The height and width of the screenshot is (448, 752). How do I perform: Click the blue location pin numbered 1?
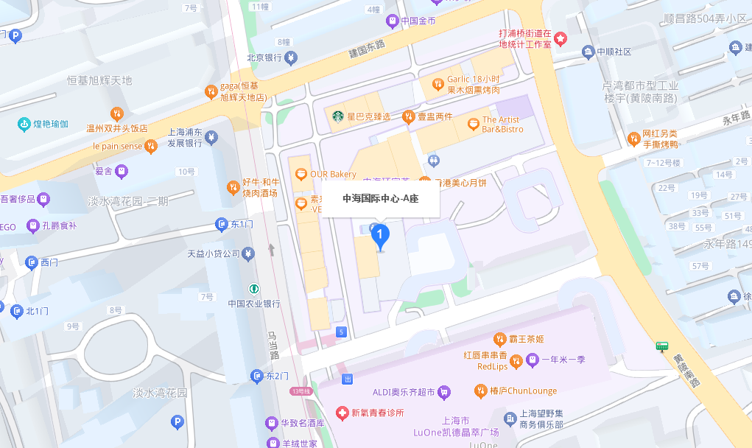pyautogui.click(x=379, y=236)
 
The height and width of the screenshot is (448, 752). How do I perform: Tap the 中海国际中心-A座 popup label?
pyautogui.click(x=380, y=198)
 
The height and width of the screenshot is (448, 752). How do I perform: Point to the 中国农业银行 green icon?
pyautogui.click(x=253, y=288)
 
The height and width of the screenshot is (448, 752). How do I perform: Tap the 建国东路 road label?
pyautogui.click(x=367, y=49)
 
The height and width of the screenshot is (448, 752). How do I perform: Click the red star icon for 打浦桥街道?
pyautogui.click(x=561, y=38)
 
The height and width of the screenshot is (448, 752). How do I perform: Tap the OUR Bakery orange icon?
pyautogui.click(x=301, y=175)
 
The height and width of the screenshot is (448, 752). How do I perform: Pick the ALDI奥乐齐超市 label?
pyautogui.click(x=404, y=391)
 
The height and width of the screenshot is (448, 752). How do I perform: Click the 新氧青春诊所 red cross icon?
pyautogui.click(x=341, y=413)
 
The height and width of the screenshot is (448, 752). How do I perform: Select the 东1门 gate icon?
pyautogui.click(x=222, y=224)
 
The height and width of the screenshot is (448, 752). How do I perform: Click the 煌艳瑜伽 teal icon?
pyautogui.click(x=24, y=124)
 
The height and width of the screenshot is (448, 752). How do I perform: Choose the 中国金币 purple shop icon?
pyautogui.click(x=392, y=21)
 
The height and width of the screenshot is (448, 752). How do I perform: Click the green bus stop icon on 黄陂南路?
pyautogui.click(x=662, y=346)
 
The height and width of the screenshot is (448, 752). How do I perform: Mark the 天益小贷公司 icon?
pyautogui.click(x=248, y=254)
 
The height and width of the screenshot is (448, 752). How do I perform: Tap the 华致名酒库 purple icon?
pyautogui.click(x=272, y=424)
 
